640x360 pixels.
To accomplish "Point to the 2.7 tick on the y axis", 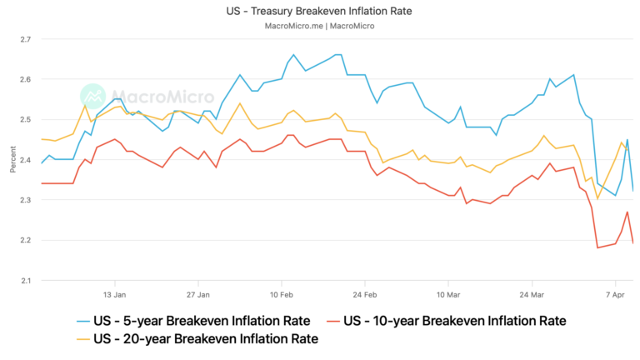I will [x=25, y=39].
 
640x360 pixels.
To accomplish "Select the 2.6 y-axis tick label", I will [x=25, y=79].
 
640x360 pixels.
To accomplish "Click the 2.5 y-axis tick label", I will [x=25, y=120].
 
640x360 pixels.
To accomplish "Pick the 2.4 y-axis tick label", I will [x=25, y=160].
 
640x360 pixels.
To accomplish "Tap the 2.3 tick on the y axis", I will [x=25, y=200].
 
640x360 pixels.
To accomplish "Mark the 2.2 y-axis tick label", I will [x=25, y=240].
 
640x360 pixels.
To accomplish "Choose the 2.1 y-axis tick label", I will [x=25, y=280].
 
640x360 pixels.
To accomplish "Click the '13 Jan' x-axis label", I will [x=114, y=294].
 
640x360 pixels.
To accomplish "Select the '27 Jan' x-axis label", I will [x=197, y=294].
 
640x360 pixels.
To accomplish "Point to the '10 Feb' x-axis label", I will [x=282, y=294].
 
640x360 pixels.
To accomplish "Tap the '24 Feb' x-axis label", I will [x=365, y=294].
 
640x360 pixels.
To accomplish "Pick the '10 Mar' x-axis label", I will [x=448, y=294].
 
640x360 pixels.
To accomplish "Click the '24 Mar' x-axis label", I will [x=532, y=294].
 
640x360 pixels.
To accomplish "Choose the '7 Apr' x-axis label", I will [x=615, y=294].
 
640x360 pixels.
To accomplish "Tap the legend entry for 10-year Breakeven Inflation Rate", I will [x=455, y=321].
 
